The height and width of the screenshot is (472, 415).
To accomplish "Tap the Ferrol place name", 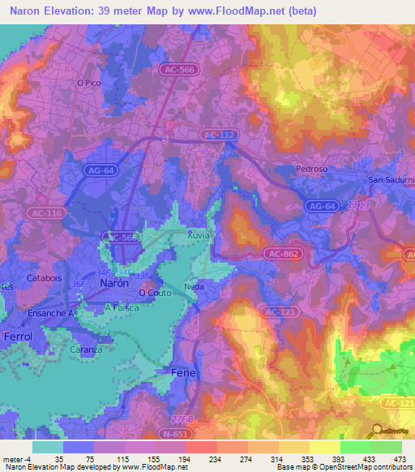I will pyautogui.click(x=17, y=337).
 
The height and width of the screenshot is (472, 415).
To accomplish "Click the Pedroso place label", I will pyautogui.click(x=312, y=169).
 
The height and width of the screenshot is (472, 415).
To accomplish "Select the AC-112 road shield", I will pyautogui.click(x=218, y=135).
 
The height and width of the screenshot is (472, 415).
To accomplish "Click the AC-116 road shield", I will pyautogui.click(x=45, y=212).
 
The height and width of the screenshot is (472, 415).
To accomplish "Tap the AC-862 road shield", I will pyautogui.click(x=280, y=255).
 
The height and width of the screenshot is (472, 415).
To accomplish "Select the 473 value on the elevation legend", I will pyautogui.click(x=399, y=459).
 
